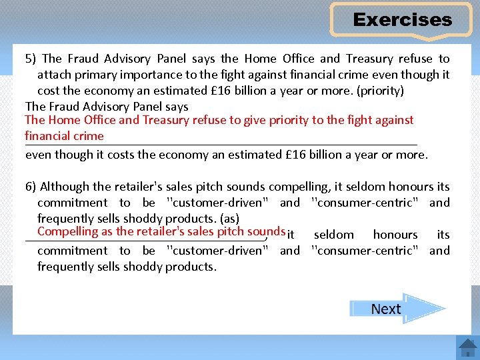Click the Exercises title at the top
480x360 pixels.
pos(402,20)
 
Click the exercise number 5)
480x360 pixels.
pos(31,59)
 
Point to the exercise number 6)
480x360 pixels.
pos(31,187)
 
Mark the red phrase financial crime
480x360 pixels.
pos(64,136)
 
